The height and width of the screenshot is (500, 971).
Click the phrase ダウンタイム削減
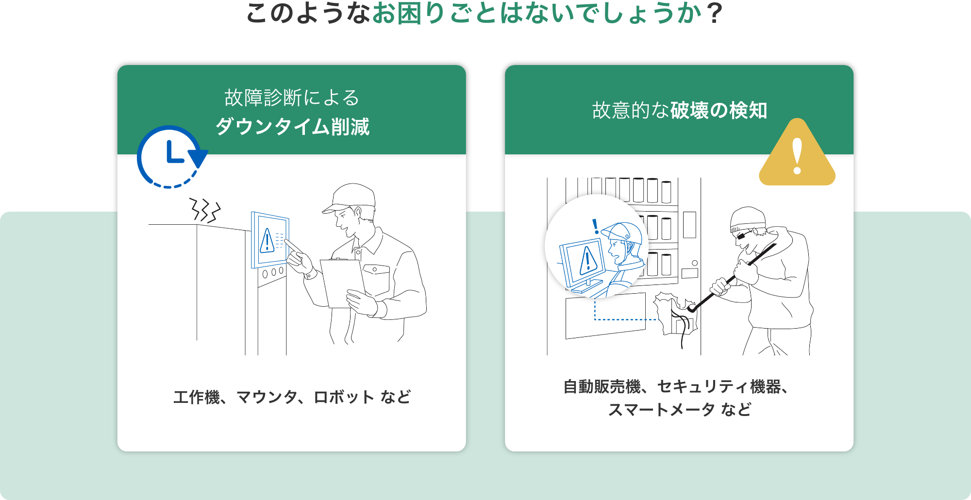tap(292, 127)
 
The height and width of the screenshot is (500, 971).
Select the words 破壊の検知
tap(719, 111)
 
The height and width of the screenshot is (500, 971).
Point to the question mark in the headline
tap(714, 14)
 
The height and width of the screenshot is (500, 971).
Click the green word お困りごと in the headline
tap(435, 14)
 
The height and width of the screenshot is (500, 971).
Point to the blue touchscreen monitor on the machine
tap(270, 240)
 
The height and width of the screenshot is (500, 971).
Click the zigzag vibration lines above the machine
tap(204, 210)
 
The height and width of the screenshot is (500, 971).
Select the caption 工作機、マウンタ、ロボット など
tap(292, 397)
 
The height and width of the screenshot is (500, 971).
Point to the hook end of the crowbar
tap(692, 309)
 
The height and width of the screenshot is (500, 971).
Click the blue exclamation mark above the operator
tap(596, 226)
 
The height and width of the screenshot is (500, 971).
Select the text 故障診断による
tap(292, 98)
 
